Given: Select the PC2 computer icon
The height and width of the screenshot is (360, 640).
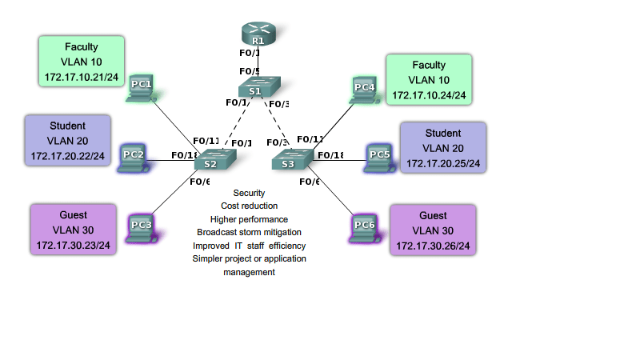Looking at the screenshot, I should tap(134, 158).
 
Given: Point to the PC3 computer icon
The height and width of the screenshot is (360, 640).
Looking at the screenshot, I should tap(142, 227).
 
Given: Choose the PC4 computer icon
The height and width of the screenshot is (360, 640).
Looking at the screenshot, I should tap(365, 90).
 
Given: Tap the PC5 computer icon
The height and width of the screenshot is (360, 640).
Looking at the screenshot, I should tap(379, 158).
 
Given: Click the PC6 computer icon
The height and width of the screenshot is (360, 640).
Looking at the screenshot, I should tap(364, 227).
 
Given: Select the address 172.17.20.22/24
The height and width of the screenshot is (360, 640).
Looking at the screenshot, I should tap(68, 155).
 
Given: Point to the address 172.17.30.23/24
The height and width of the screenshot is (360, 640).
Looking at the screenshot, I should tap(74, 246).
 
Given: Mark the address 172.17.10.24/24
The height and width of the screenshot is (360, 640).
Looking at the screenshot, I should tap(429, 95).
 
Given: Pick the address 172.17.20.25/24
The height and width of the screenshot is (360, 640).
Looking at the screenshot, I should tap(443, 163).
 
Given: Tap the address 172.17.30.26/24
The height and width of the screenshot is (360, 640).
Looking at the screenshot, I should tap(433, 246).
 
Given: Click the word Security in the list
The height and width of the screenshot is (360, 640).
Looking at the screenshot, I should tap(249, 194).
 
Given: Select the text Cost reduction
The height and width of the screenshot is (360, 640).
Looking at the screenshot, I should tap(249, 206).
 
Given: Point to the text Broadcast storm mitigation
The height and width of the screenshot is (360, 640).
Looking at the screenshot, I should tap(249, 232).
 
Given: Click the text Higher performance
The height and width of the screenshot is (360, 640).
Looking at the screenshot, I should tap(249, 219).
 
